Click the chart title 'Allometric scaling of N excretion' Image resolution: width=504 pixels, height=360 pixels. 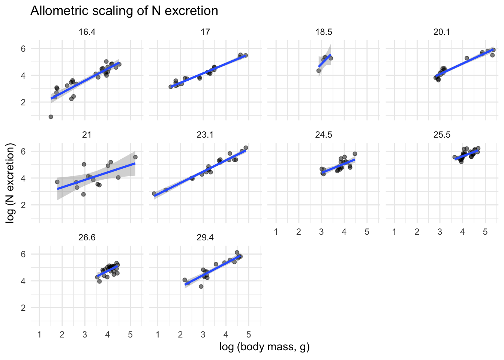coord(124,10)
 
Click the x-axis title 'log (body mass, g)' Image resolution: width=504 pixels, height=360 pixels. coord(264,347)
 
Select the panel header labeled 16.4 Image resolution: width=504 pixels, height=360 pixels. coord(87,32)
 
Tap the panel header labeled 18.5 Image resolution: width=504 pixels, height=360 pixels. coord(324,32)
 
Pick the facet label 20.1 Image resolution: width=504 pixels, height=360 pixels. coord(442,32)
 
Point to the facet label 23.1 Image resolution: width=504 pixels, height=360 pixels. coord(205,135)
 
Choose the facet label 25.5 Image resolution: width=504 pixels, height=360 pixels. coord(442,135)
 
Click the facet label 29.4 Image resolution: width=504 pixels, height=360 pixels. coord(205,238)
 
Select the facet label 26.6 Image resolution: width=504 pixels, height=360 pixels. coord(87,238)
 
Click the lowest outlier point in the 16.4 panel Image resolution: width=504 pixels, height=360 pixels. coord(51,117)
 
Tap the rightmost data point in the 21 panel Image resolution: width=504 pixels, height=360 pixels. coord(135,157)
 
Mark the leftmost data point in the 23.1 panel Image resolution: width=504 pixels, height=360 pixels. coord(154,193)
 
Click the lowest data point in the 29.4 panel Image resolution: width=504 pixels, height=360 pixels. coord(201,286)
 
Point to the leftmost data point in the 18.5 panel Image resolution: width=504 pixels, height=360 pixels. coord(319,70)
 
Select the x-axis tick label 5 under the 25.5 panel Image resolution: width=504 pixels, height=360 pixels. coord(485,232)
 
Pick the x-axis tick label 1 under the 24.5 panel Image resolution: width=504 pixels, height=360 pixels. coord(276,232)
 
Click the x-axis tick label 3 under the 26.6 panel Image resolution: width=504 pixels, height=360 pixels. coord(85,334)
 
